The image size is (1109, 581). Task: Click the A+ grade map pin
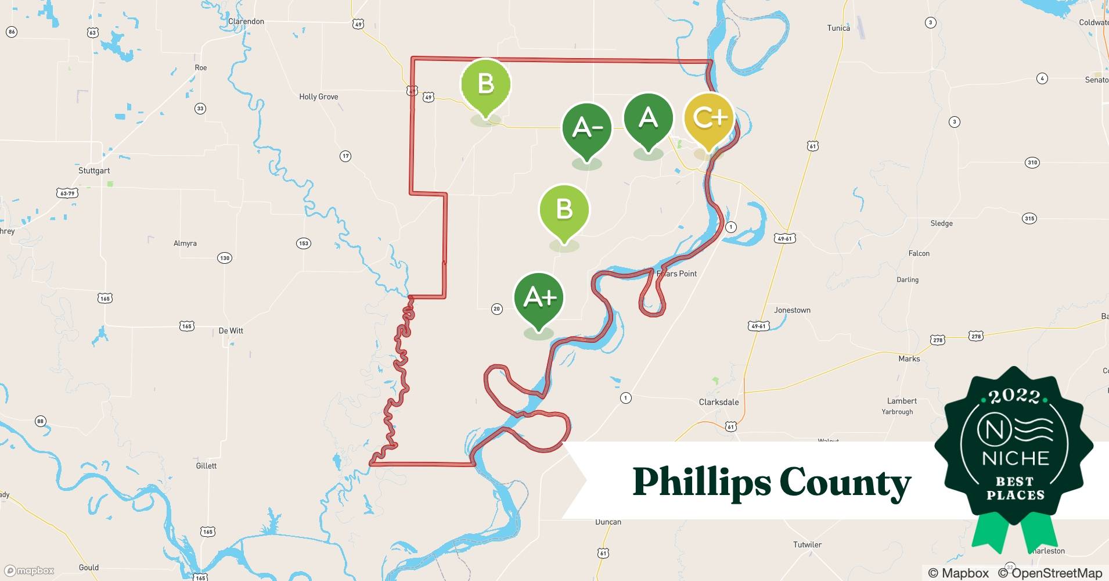[x=539, y=299]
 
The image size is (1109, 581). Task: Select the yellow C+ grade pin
[x=709, y=119]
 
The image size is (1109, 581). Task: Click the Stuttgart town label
[x=94, y=171]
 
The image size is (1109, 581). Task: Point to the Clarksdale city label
[x=719, y=402]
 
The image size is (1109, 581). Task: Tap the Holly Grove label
[x=318, y=97]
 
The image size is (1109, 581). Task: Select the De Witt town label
[x=231, y=331]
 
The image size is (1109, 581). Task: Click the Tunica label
[x=838, y=28]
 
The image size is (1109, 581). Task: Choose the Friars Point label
[x=677, y=274]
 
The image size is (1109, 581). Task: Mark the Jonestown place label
[x=792, y=310]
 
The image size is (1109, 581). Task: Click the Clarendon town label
[x=246, y=21]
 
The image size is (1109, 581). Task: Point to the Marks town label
[x=909, y=359]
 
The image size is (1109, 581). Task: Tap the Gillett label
[x=206, y=466]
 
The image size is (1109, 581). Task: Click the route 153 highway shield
[x=304, y=243]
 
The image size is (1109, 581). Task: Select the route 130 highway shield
[x=224, y=258]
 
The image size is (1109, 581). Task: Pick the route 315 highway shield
[x=1029, y=219]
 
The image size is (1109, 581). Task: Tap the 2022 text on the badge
[x=1014, y=396]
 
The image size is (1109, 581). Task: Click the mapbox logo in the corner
[x=29, y=571]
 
